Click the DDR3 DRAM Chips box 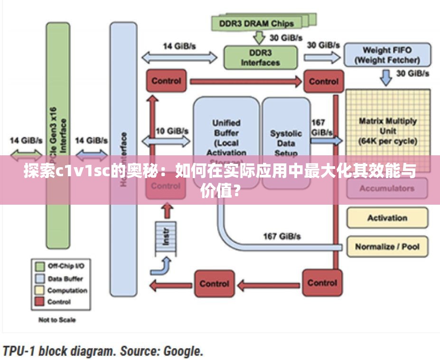pos(256,22)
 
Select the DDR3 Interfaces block pos(260,57)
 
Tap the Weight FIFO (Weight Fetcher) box pos(387,55)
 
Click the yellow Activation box pos(387,218)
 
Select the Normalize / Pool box pos(387,246)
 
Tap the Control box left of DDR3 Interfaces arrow pos(166,81)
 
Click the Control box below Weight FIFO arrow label pos(323,81)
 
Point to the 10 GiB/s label pos(172,131)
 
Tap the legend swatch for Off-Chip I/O pos(40,266)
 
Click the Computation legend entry pos(67,290)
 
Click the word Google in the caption pos(182,351)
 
